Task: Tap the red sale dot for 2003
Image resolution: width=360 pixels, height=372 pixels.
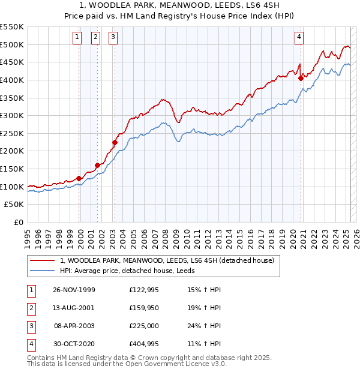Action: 115,142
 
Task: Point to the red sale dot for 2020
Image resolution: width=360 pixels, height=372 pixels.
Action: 301,77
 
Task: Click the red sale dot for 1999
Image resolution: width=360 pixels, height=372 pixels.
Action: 79,178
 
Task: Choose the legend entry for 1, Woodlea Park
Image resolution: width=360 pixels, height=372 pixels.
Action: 167,261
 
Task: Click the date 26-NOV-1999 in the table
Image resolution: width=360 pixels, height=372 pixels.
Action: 74,290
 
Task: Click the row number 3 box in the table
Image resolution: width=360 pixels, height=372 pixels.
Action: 31,326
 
